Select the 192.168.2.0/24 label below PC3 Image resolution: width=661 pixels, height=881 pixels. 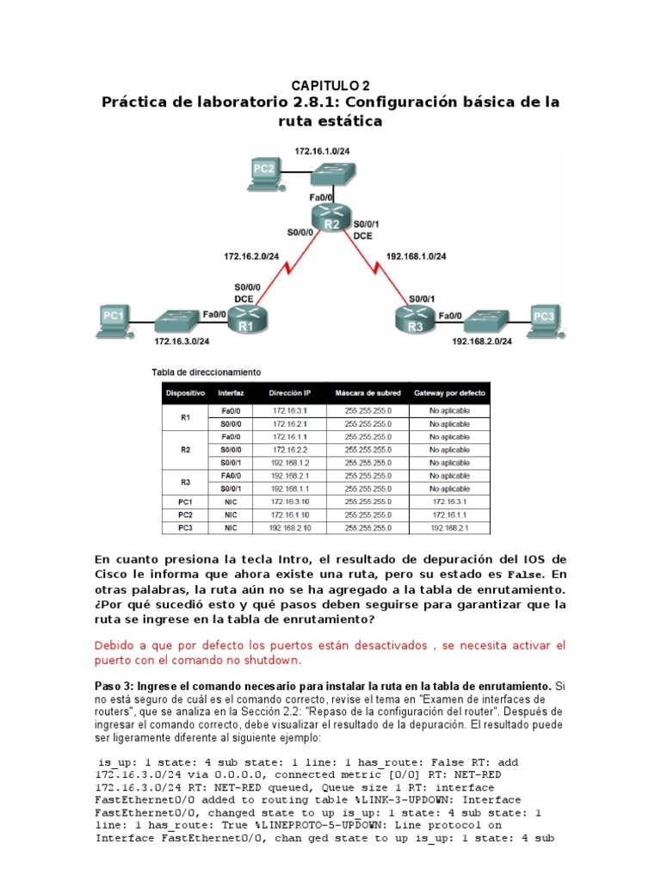(x=482, y=342)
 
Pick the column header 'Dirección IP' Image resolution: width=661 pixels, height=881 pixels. (x=289, y=392)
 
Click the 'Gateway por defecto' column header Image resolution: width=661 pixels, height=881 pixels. (x=449, y=392)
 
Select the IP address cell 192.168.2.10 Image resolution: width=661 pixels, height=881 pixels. (x=289, y=527)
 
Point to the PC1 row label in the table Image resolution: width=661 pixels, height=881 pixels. (x=186, y=502)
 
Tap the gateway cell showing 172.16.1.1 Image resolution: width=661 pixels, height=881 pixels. (x=449, y=514)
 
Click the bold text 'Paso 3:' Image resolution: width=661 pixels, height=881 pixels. (x=114, y=686)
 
